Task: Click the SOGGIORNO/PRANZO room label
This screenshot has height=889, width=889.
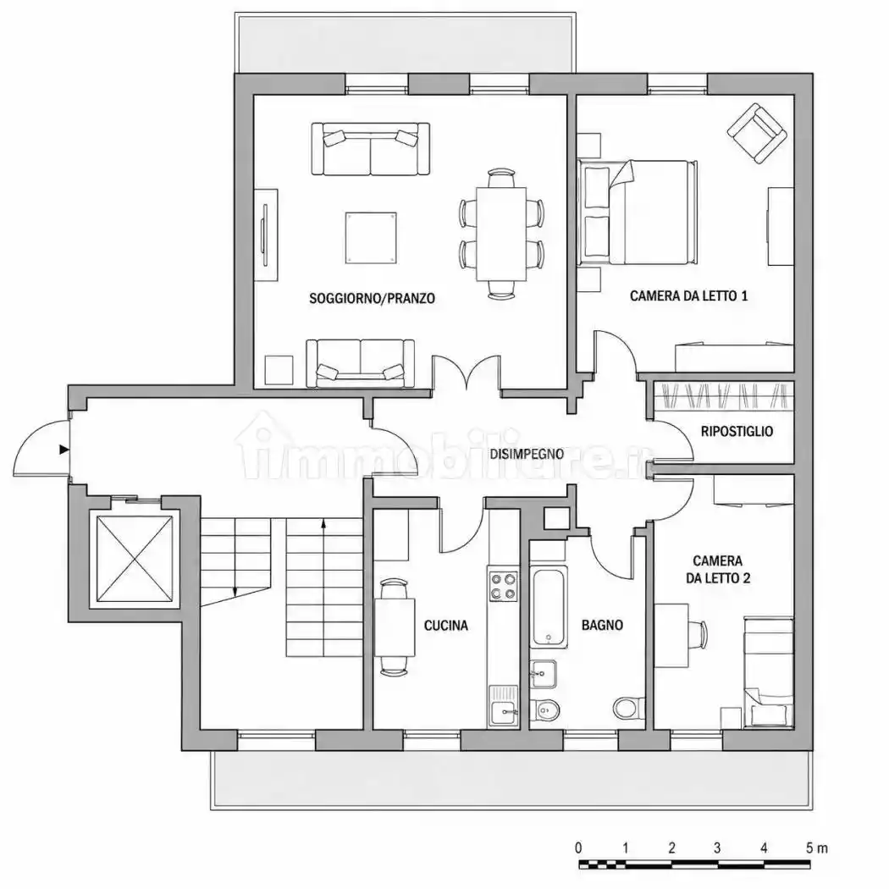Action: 372,298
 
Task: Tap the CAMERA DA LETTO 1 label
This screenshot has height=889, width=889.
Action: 689,295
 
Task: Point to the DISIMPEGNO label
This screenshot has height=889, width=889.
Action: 527,454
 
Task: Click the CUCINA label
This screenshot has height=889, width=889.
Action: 446,626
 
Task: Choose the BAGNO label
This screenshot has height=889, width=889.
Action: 602,626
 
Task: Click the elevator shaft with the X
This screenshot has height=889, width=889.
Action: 135,559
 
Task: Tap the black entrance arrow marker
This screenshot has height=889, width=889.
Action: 64,450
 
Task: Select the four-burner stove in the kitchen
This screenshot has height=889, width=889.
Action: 504,586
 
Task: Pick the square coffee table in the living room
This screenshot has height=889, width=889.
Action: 371,238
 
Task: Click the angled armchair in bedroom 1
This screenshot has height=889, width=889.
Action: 758,133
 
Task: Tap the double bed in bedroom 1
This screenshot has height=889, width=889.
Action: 638,213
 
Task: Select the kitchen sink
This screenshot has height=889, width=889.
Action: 504,705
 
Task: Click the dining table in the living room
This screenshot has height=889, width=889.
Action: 501,235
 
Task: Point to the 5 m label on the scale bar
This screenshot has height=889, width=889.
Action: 816,848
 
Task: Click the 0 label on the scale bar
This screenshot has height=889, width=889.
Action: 578,848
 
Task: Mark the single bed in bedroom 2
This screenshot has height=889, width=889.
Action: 768,673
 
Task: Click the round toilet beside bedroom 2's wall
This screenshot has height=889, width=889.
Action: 627,708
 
